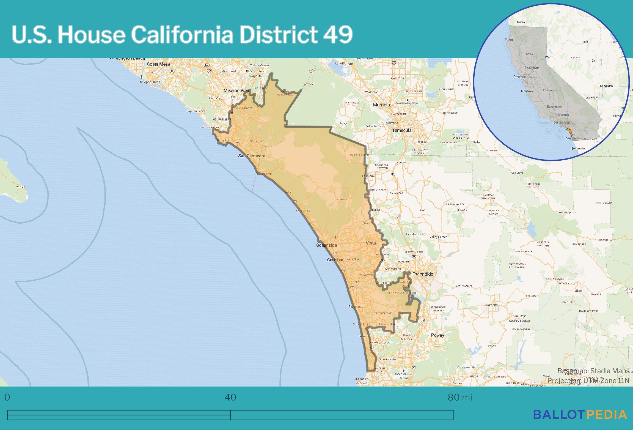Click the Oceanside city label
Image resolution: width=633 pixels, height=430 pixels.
[326, 245]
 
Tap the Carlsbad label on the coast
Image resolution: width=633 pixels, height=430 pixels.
[335, 260]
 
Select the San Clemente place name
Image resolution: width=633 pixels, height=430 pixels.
[252, 156]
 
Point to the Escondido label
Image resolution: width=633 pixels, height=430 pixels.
[423, 274]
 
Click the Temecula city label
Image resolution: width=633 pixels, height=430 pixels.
[402, 130]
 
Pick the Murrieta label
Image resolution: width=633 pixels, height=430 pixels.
[381, 105]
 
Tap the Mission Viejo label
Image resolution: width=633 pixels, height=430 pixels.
[237, 90]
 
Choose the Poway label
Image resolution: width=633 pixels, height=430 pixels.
[437, 335]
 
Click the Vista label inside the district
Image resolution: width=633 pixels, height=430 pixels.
[371, 243]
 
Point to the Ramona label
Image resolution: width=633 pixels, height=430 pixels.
[492, 305]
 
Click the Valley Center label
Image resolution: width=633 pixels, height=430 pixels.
[438, 237]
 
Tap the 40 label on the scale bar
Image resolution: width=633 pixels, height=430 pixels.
[230, 397]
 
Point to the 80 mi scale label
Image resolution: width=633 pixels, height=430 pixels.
[460, 397]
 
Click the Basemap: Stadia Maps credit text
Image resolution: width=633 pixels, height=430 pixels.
[593, 371]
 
